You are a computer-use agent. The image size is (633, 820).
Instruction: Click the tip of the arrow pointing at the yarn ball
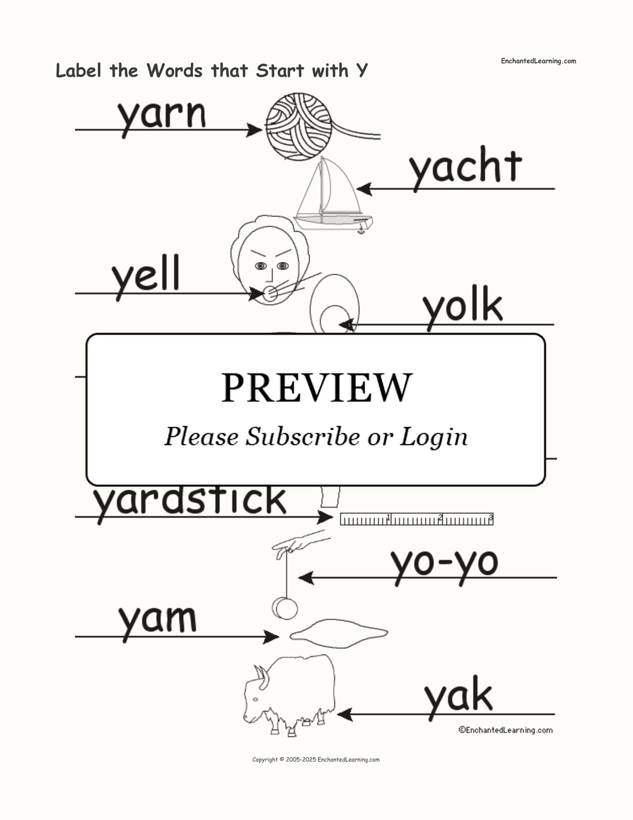[x=262, y=130]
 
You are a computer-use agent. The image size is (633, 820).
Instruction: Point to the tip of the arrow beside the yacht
[x=356, y=188]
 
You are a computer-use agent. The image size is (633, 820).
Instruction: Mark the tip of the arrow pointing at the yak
[x=337, y=714]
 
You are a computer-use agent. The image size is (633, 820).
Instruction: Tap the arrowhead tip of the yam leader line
[x=279, y=637]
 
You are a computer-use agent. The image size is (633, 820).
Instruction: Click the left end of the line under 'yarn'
[x=76, y=130]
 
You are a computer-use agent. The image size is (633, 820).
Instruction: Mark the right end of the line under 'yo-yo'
[x=556, y=577]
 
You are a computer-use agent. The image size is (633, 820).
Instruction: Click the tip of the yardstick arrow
[x=333, y=517]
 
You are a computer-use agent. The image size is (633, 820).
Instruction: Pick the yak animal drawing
[x=289, y=695]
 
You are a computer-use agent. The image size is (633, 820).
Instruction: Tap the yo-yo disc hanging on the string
[x=284, y=609]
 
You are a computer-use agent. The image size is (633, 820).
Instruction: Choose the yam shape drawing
[x=339, y=633]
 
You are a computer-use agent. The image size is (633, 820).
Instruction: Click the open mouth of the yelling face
[x=270, y=294]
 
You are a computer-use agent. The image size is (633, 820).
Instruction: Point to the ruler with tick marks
[x=417, y=519]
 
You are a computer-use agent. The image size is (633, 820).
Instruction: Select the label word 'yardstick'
[x=190, y=501]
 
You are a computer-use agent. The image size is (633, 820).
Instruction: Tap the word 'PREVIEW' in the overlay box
[x=317, y=388]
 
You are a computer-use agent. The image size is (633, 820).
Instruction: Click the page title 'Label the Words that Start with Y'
[x=212, y=70]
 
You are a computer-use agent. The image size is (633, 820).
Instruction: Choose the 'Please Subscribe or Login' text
[x=316, y=437]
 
